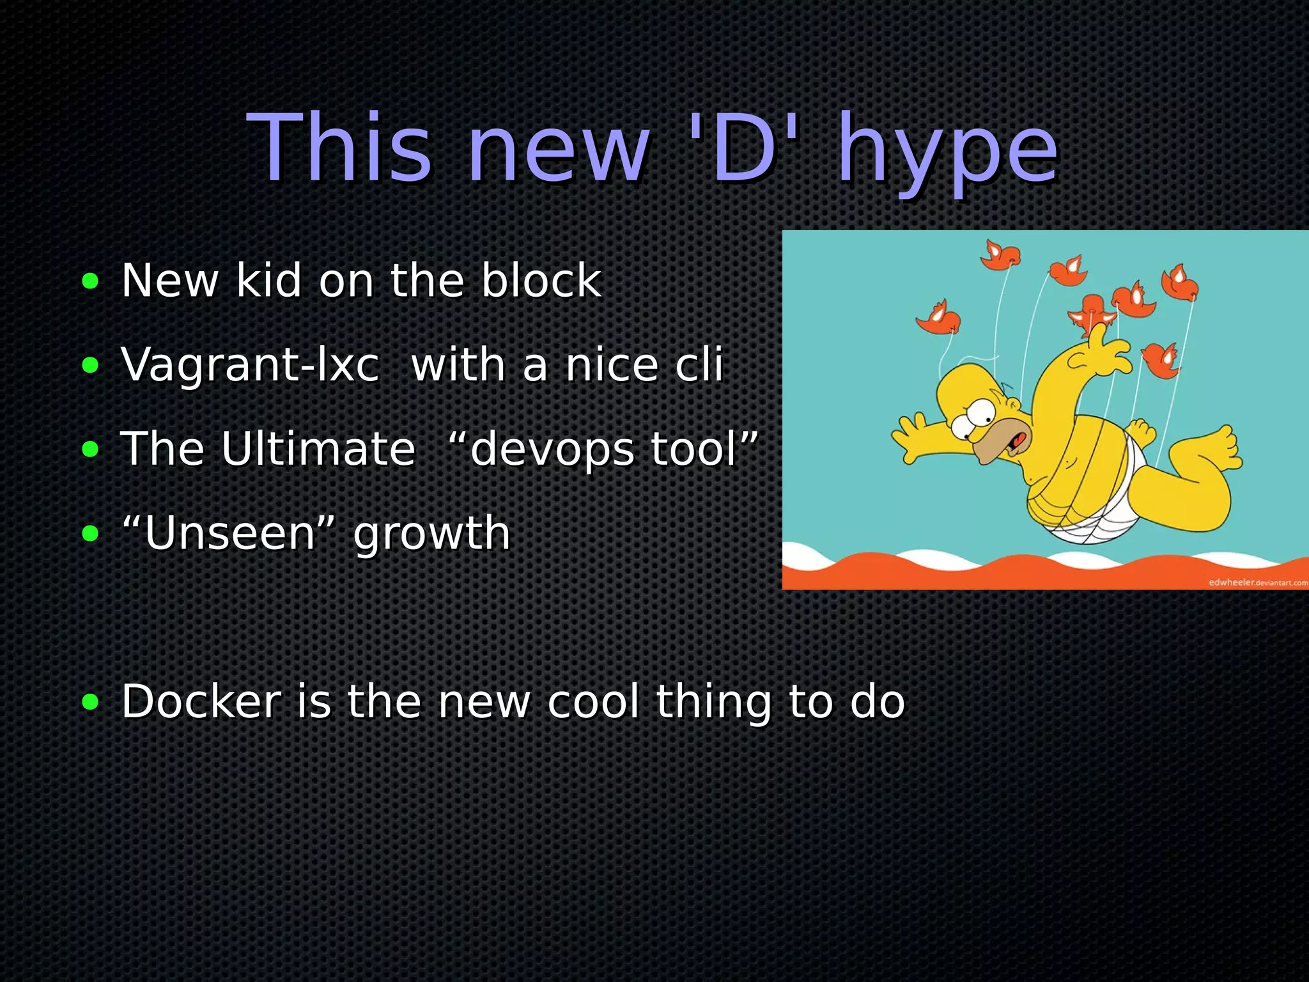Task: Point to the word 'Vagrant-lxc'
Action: pos(250,364)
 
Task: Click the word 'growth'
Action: pos(431,534)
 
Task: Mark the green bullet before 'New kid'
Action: pos(91,281)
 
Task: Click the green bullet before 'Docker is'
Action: pos(91,702)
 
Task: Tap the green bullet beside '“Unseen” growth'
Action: pos(91,533)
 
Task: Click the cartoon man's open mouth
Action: pos(1016,441)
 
